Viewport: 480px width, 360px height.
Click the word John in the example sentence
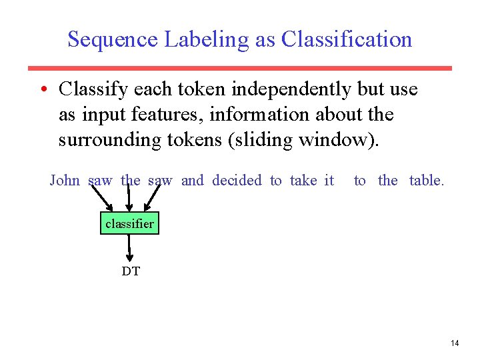[65, 181]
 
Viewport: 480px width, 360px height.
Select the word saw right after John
[101, 181]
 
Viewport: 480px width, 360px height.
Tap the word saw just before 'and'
[160, 181]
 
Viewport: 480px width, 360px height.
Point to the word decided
[237, 181]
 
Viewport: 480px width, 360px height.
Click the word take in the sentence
[303, 181]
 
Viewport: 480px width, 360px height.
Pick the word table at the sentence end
[425, 181]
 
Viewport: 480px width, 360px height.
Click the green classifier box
[129, 224]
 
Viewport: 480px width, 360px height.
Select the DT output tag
[131, 271]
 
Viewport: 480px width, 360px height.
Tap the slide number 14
[455, 343]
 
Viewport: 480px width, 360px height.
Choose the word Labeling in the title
[207, 39]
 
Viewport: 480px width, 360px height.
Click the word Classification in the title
[347, 39]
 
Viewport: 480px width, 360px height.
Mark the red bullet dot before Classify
[43, 89]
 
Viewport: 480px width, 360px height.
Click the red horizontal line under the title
[240, 68]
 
